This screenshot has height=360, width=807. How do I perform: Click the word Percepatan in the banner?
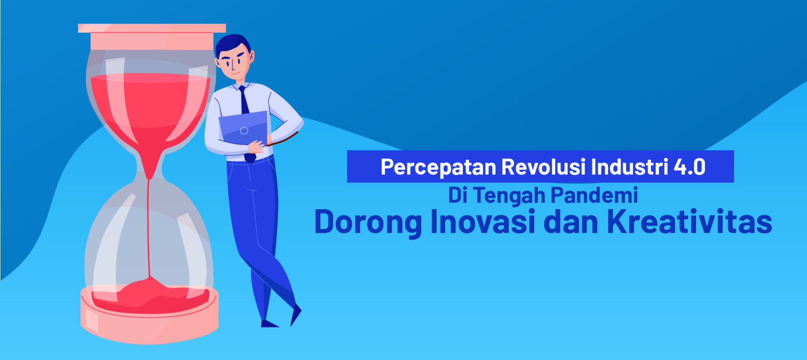coord(438,167)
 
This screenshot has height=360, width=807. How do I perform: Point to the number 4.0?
coord(690,167)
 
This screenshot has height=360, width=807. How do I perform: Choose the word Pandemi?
coord(594,195)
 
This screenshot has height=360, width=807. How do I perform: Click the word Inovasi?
coord(483,221)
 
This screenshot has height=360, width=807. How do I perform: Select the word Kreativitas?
coord(690,221)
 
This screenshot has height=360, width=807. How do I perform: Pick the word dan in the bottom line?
coord(571,221)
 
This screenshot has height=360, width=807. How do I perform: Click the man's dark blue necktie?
coord(246,122)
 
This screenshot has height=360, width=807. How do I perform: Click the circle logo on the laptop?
coord(244,131)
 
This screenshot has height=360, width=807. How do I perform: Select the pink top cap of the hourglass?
coord(152,37)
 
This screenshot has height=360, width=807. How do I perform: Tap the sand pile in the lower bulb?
coord(150,296)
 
